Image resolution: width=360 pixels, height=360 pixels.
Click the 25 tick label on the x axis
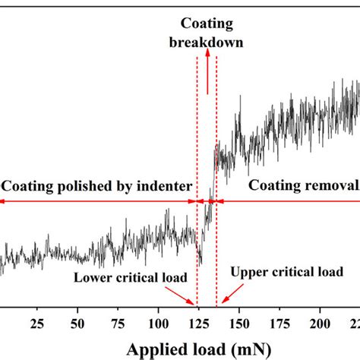(x=36, y=326)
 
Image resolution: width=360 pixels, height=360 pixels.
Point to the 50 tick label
(x=77, y=326)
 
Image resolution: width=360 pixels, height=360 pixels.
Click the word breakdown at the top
(x=207, y=43)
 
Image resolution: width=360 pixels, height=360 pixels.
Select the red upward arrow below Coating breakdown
(x=207, y=76)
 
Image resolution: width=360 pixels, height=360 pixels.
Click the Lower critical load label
(x=128, y=276)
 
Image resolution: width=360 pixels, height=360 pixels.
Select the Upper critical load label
(x=286, y=271)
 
